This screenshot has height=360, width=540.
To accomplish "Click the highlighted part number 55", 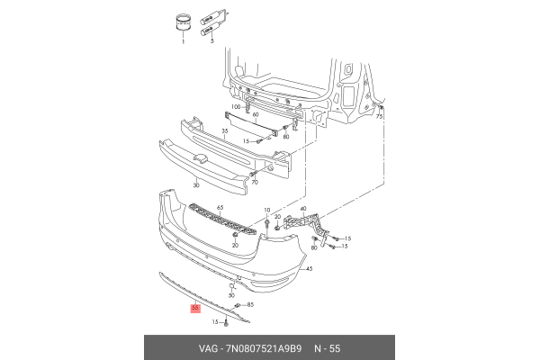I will click(196, 309).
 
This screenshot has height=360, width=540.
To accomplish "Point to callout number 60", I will click(256, 116).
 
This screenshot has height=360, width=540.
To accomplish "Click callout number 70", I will click(256, 183).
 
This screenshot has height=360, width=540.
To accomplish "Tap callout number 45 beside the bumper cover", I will click(309, 269).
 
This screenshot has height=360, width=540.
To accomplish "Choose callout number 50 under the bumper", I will click(231, 294).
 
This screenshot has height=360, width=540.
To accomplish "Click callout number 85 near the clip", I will click(249, 306).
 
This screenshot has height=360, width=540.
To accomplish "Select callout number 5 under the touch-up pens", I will click(212, 41).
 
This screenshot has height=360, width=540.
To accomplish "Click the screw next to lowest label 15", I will click(228, 321).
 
